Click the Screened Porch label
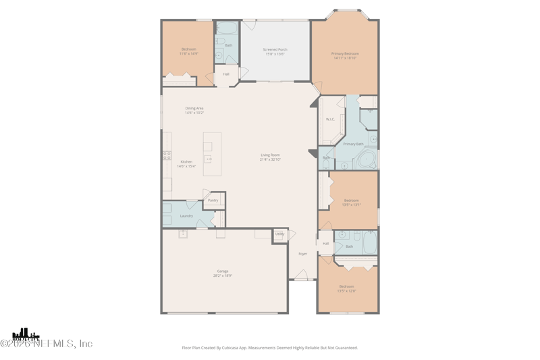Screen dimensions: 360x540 point(275,49)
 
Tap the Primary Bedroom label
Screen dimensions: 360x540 point(344,53)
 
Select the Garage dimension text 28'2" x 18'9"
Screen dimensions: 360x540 point(223,276)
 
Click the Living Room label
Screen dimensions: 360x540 point(270,155)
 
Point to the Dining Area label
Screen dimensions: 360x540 point(194,108)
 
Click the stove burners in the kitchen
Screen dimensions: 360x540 point(166,155)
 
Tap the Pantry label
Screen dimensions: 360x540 point(213,201)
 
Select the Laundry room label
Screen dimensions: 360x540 point(186,215)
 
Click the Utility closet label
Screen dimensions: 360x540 point(279,234)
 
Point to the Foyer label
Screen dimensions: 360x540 point(302,254)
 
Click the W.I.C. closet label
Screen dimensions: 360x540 point(330,120)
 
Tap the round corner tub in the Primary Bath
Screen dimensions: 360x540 point(366,161)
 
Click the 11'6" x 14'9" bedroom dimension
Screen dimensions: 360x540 point(188,54)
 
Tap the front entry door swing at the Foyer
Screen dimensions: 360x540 point(302,275)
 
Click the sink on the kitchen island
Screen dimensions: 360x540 point(208,159)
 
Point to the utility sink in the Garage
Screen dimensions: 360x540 point(183,234)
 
